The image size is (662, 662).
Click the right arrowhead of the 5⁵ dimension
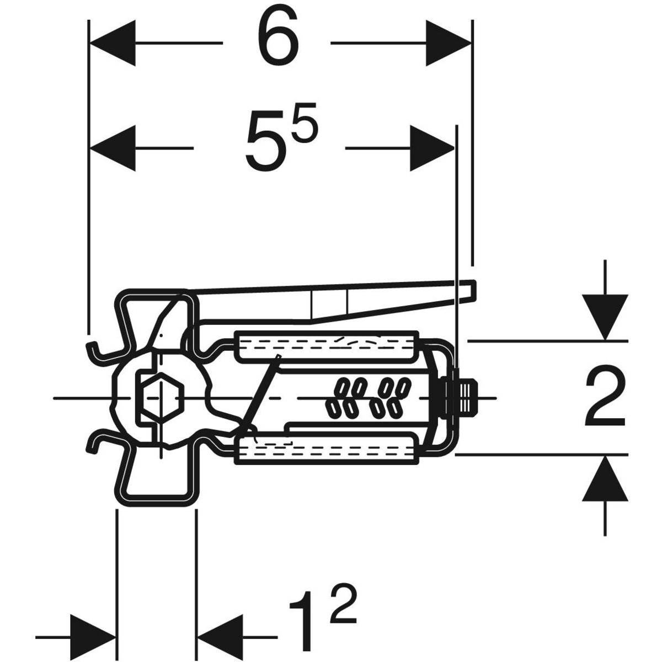coord(431,147)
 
